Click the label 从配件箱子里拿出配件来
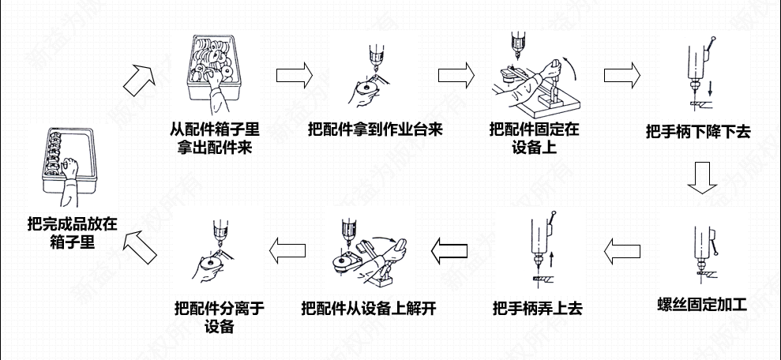214,137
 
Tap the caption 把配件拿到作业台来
376,130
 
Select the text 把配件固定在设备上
534,137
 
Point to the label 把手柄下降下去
697,133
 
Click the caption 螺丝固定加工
702,305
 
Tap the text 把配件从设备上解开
368,308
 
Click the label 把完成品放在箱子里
70,234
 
